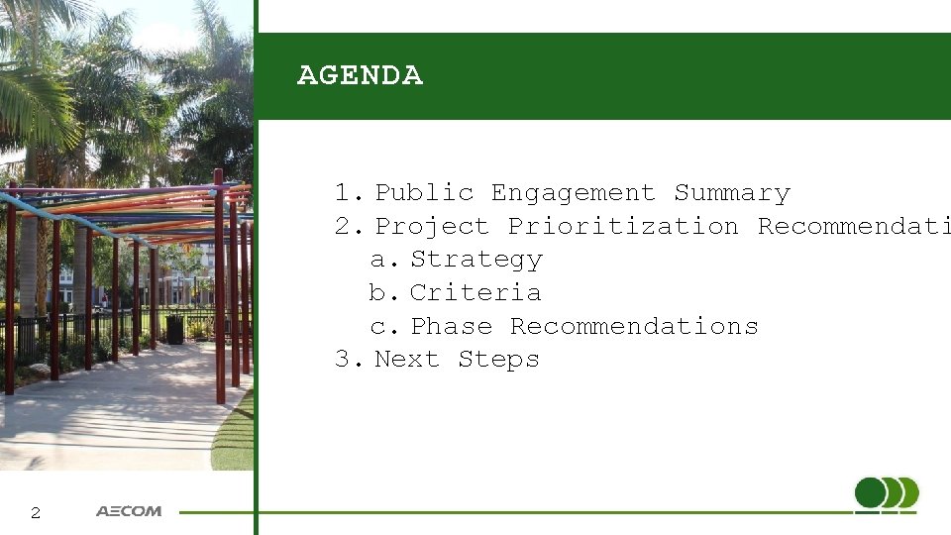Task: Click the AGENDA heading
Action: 360,76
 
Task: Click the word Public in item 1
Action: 424,193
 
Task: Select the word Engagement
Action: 573,193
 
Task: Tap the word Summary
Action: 732,193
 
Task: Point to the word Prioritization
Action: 623,227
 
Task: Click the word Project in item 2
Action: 432,227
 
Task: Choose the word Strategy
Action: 476,261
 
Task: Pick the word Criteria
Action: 475,293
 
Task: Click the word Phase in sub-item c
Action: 451,327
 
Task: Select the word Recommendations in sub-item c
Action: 634,327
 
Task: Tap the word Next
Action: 406,360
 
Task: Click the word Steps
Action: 498,360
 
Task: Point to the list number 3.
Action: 343,360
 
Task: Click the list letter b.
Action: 377,293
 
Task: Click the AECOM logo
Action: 129,512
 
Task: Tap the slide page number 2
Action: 36,513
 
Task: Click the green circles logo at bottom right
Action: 886,494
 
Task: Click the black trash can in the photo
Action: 174,329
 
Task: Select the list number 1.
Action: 343,193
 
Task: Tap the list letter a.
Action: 377,261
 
